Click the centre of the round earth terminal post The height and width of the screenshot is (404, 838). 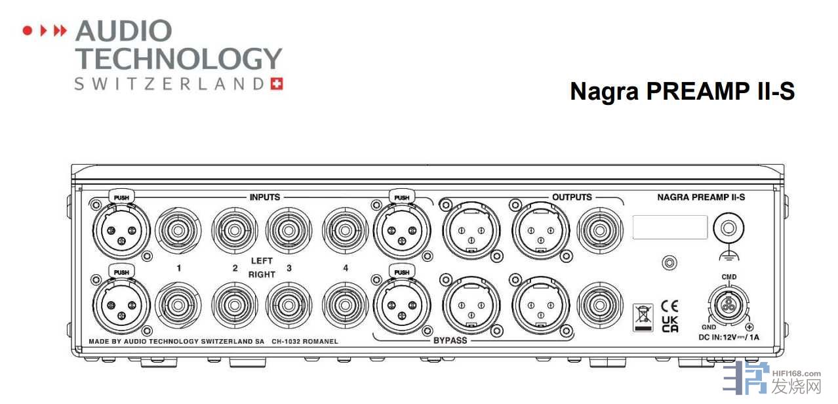728,228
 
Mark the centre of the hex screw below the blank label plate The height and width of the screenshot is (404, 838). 669,262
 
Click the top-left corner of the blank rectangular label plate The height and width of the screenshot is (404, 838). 633,216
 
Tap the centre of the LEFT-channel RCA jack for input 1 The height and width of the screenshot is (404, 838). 178,230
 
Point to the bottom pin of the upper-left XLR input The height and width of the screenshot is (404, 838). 121,241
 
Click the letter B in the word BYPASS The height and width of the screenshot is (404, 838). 436,340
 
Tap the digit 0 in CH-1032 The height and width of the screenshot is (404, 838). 291,342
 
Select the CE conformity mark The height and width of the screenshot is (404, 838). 669,306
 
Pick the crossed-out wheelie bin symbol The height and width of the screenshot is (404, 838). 643,317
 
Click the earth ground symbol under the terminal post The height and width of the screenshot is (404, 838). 728,255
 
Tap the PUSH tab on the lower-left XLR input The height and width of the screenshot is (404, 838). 121,272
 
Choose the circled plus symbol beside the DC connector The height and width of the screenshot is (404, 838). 749,327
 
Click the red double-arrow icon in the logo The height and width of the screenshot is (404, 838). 60,31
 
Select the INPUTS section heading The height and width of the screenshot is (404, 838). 265,197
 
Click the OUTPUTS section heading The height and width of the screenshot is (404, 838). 572,197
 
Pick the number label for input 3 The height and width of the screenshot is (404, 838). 289,268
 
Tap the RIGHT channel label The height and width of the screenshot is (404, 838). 262,275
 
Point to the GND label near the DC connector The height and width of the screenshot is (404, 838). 709,327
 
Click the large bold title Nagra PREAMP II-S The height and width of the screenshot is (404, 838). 683,91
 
